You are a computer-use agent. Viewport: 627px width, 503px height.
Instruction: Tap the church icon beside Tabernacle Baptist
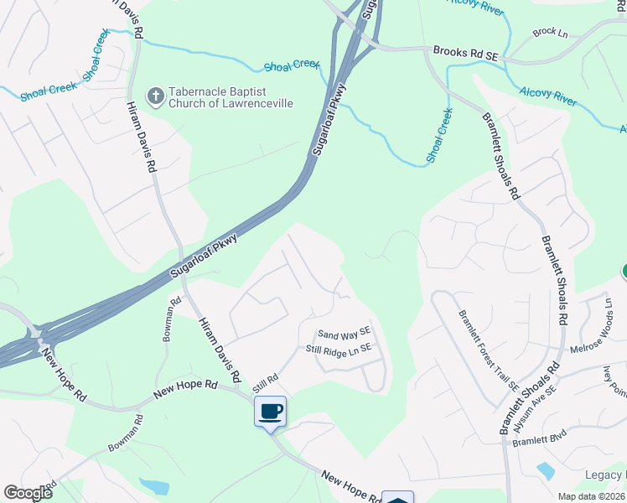(x=155, y=96)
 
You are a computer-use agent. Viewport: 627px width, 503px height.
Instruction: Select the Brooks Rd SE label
(x=466, y=53)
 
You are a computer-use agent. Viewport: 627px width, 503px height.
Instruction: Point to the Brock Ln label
(x=550, y=32)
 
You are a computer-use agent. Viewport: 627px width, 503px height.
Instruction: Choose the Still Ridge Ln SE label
(x=339, y=348)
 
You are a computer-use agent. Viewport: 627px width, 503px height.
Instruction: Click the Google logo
(x=28, y=492)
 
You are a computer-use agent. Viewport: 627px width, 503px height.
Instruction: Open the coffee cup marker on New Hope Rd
(x=270, y=412)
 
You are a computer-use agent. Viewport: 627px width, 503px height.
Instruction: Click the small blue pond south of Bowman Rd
(x=155, y=486)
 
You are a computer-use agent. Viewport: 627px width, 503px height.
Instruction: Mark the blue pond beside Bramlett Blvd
(x=545, y=470)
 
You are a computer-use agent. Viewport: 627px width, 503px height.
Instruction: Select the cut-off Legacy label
(x=604, y=475)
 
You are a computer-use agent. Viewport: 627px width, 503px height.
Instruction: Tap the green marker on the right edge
(x=624, y=272)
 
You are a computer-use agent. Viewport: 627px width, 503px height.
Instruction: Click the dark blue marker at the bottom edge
(x=398, y=498)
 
